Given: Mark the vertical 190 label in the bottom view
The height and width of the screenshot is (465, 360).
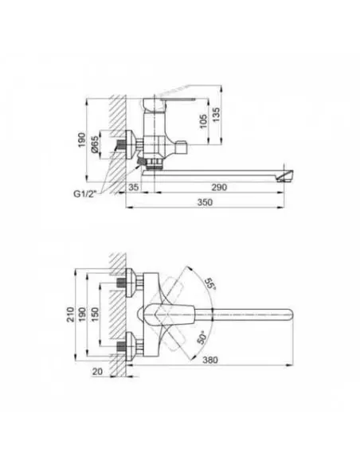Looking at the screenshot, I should (84, 316).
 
